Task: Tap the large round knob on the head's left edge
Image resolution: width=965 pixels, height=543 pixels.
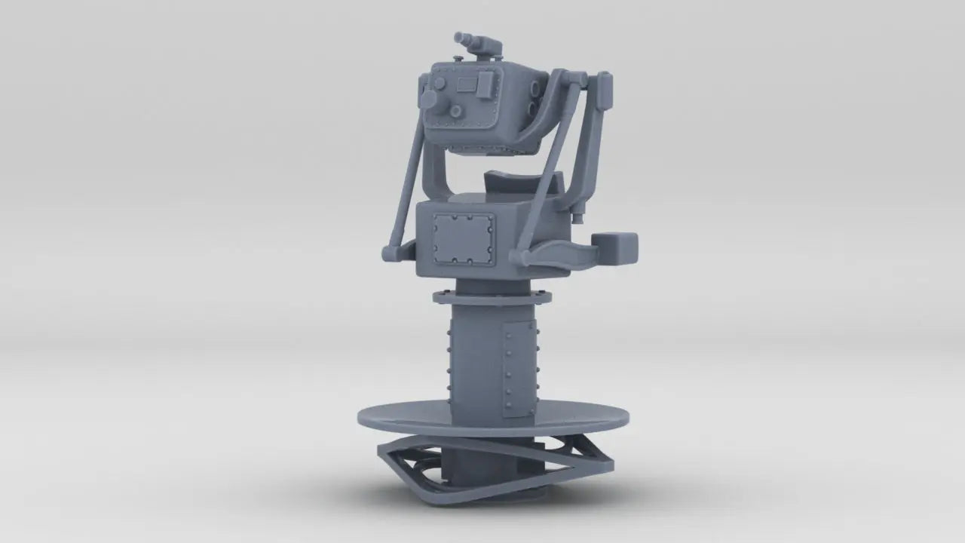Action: point(429,100)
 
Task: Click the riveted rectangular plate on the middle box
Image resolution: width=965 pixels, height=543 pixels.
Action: point(463,238)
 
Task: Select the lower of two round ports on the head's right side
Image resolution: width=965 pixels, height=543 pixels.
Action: point(532,111)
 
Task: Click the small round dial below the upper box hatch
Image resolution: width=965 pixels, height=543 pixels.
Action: point(455,112)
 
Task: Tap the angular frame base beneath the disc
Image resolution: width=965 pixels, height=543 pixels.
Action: point(494,468)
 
